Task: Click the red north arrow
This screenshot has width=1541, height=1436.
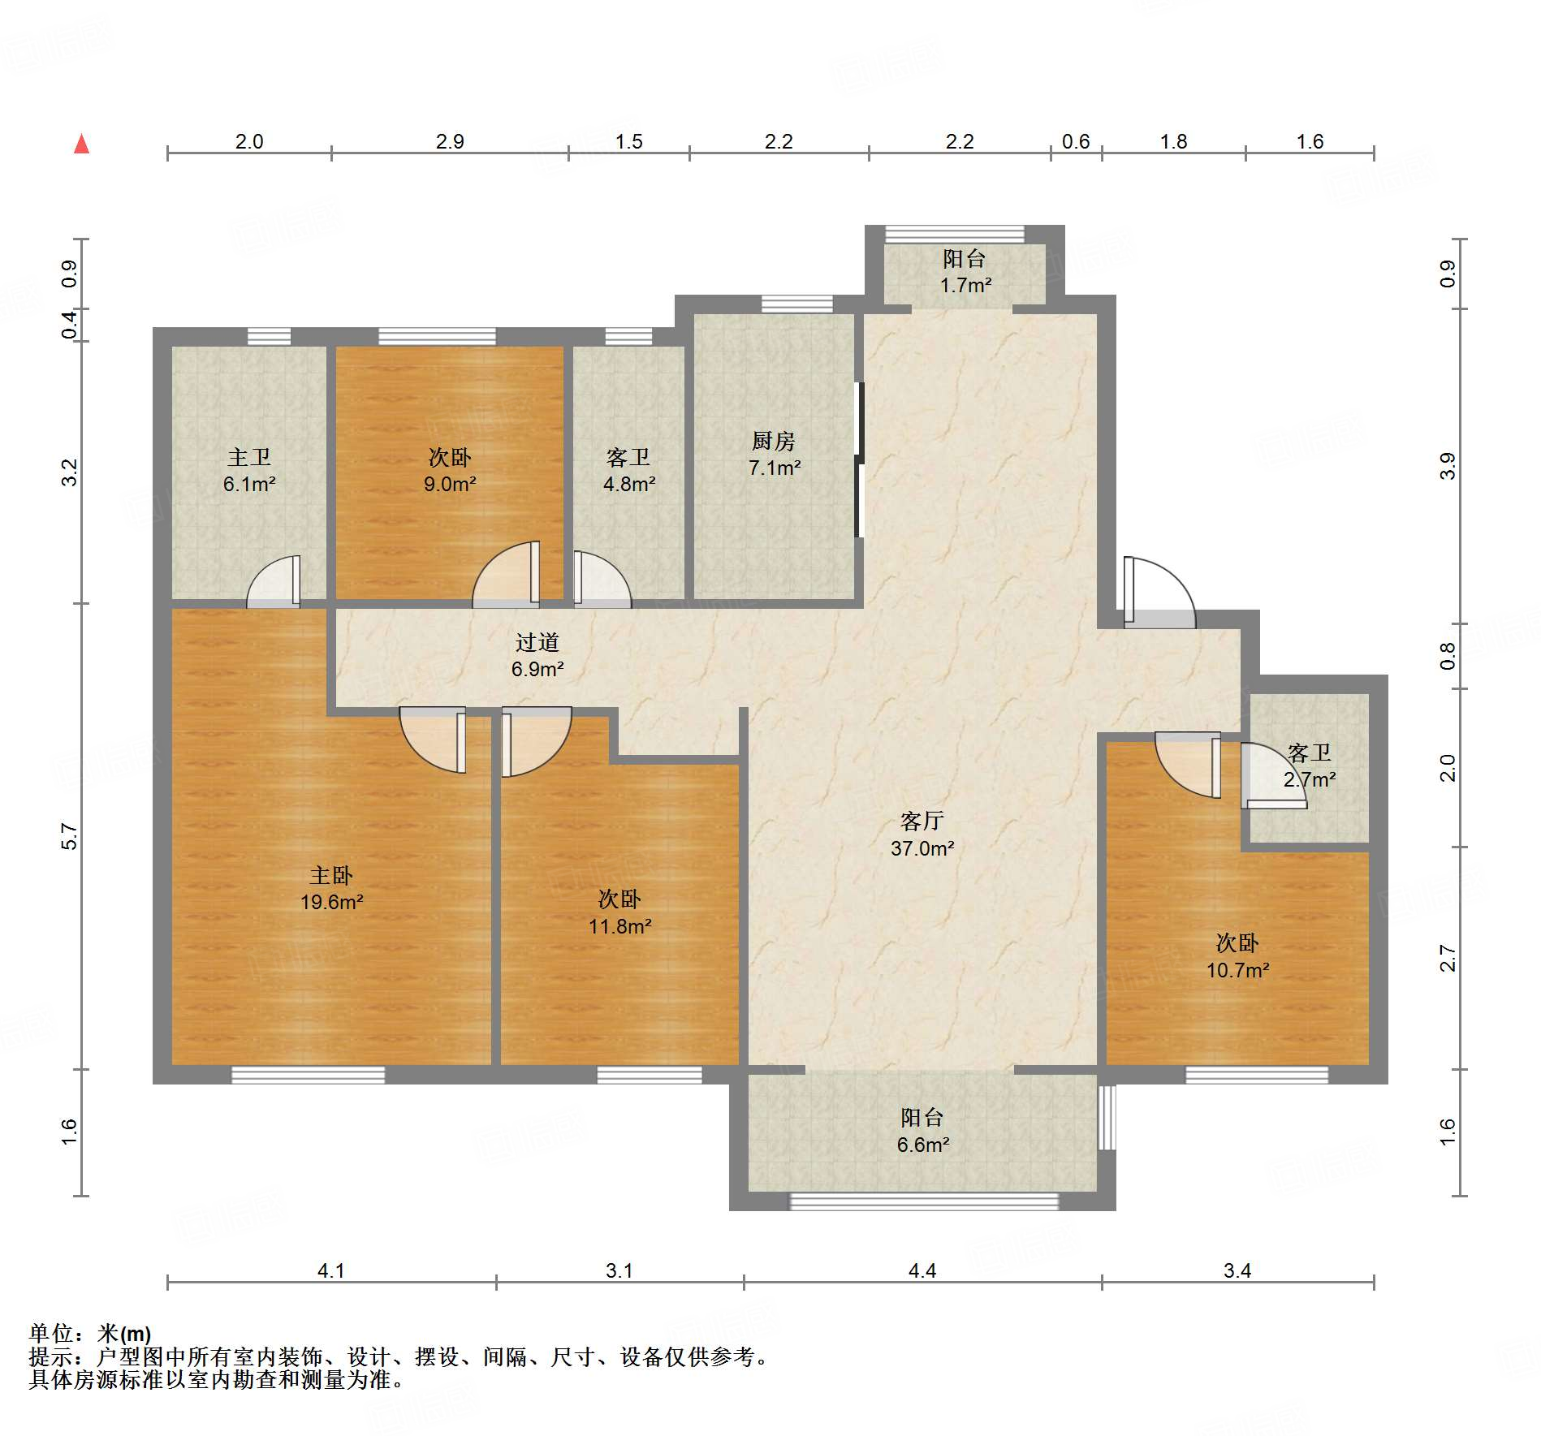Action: pyautogui.click(x=81, y=144)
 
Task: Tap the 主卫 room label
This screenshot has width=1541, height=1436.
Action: pyautogui.click(x=249, y=458)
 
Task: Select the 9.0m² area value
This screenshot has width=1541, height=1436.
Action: pyautogui.click(x=450, y=485)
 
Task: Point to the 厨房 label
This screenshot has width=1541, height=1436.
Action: pyautogui.click(x=774, y=441)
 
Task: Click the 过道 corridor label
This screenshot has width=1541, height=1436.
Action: pyautogui.click(x=537, y=642)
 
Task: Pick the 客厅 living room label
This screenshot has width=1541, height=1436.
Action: pyautogui.click(x=922, y=821)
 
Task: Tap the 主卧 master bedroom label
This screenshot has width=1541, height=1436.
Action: pyautogui.click(x=331, y=875)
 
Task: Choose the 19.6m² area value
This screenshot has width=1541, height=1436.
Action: pyautogui.click(x=332, y=902)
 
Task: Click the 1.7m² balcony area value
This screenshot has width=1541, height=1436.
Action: pyautogui.click(x=966, y=285)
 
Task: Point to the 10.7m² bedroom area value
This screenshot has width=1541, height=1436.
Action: pyautogui.click(x=1238, y=970)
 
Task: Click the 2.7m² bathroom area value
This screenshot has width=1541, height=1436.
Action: pyautogui.click(x=1310, y=780)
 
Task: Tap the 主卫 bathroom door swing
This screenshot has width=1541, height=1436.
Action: pyautogui.click(x=274, y=581)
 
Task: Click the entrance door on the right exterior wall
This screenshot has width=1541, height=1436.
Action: pyautogui.click(x=1160, y=593)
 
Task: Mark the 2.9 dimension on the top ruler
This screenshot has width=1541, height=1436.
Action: pyautogui.click(x=450, y=141)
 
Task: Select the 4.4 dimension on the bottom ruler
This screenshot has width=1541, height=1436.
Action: pyautogui.click(x=922, y=1270)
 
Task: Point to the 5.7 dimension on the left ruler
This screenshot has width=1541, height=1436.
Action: pyautogui.click(x=70, y=836)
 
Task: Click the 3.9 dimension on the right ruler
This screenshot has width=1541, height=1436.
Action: pyautogui.click(x=1448, y=466)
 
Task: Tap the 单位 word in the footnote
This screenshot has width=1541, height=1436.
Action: pyautogui.click(x=51, y=1334)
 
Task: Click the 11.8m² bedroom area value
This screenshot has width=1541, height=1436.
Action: pyautogui.click(x=620, y=926)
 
